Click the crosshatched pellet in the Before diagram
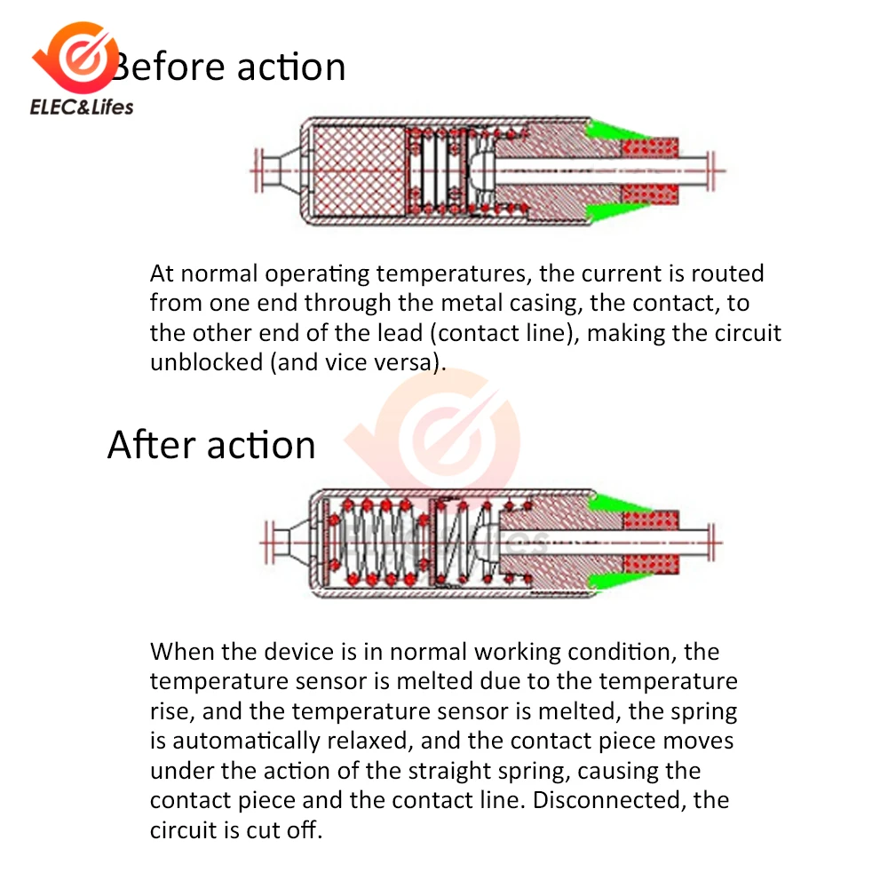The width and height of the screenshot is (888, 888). [359, 170]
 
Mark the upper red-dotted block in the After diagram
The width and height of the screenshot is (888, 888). [651, 519]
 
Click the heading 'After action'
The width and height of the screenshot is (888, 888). [211, 445]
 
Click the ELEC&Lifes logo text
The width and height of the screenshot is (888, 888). [82, 107]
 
